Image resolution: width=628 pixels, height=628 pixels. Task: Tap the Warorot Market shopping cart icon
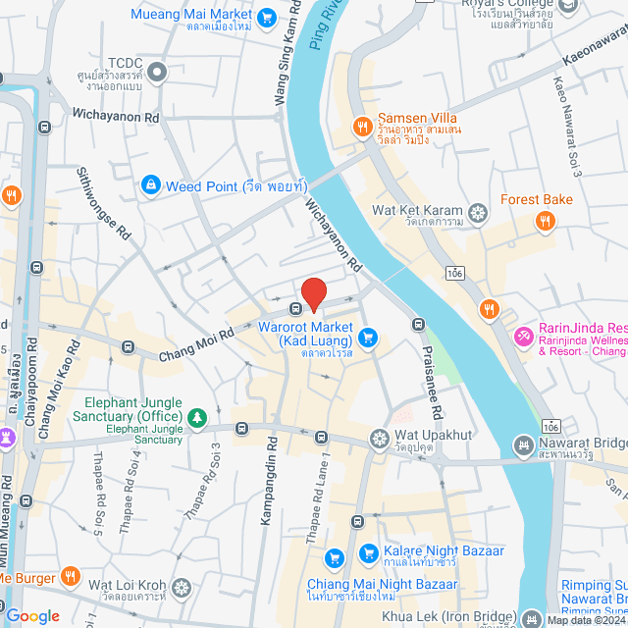(368, 338)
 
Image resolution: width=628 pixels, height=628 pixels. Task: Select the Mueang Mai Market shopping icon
(266, 17)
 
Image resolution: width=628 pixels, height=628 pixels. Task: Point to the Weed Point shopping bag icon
(149, 183)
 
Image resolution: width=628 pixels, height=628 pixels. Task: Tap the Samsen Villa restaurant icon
(362, 126)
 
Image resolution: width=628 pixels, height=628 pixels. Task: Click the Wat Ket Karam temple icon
(478, 210)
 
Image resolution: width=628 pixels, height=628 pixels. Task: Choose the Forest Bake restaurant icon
(544, 222)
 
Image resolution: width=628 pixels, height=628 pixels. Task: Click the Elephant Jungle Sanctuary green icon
(197, 419)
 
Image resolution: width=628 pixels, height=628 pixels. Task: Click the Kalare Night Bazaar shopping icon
(367, 552)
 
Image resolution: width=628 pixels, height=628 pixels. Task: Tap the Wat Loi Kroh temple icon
(181, 588)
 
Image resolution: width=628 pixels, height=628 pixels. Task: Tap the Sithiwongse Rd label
(104, 203)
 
